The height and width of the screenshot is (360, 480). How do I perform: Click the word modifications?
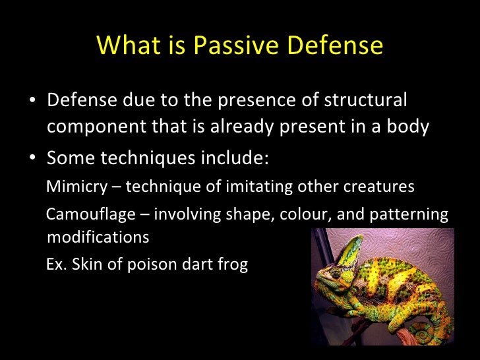(x=98, y=237)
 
